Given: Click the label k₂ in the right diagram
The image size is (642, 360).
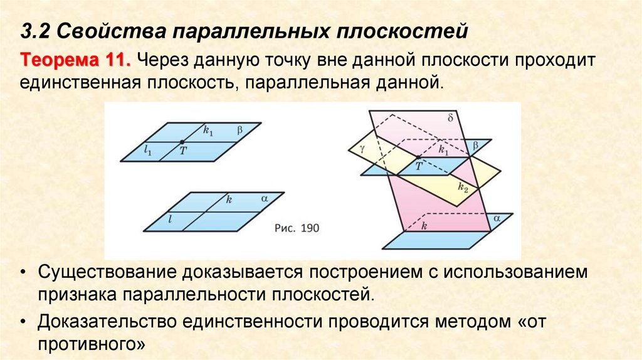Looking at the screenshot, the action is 463,187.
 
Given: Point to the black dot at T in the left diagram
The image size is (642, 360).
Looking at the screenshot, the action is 181,142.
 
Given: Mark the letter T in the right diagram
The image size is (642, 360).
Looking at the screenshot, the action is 419,166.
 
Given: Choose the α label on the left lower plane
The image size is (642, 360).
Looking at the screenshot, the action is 263,199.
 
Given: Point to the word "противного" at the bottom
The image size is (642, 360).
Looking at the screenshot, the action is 92,344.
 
